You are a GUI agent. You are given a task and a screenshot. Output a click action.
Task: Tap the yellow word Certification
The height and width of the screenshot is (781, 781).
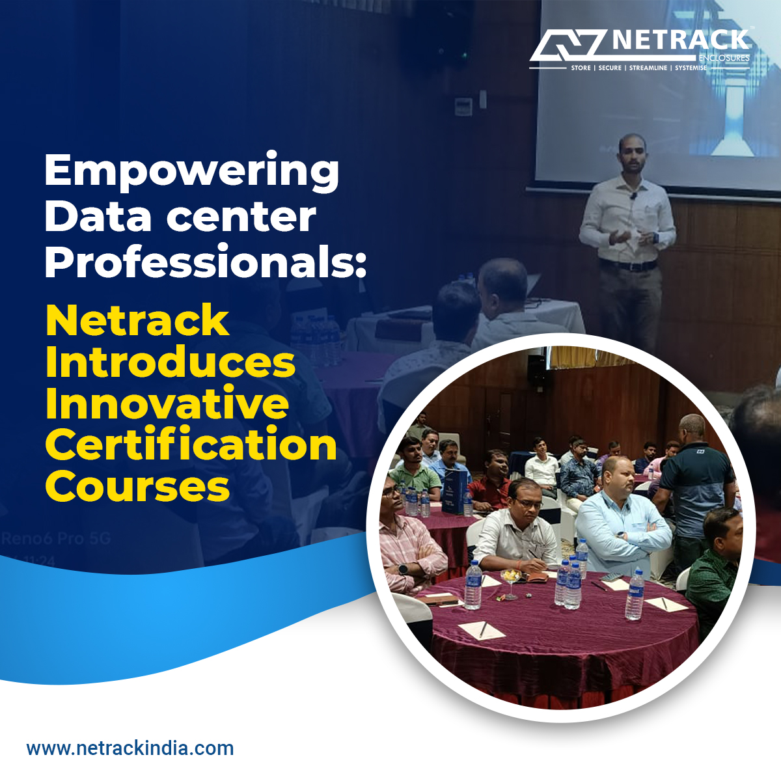[x=191, y=445]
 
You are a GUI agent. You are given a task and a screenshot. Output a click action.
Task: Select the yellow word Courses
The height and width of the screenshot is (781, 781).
[x=137, y=487]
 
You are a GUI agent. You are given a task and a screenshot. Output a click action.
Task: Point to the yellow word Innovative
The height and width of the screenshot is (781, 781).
[x=167, y=404]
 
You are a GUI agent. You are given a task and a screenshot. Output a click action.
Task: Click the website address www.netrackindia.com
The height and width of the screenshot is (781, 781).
[x=130, y=748]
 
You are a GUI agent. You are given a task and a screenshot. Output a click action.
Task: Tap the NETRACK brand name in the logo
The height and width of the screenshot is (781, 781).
[x=680, y=40]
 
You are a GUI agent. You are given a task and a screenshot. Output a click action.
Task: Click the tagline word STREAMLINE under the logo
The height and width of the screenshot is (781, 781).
[x=648, y=68]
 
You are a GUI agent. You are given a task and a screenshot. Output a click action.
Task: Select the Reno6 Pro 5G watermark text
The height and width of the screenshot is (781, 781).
[x=57, y=539]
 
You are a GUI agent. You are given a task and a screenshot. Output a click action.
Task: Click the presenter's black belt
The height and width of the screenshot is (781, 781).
[x=628, y=266]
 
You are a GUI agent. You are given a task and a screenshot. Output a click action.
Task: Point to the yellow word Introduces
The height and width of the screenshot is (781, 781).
[x=171, y=363]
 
